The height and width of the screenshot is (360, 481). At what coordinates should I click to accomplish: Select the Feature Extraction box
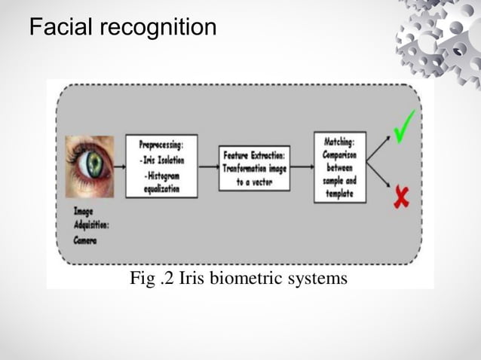[x=254, y=166]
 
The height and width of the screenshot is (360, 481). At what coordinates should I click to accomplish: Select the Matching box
[x=339, y=166]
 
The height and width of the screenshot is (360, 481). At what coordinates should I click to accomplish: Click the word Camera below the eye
[x=86, y=239]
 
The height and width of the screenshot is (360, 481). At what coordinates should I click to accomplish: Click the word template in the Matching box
[x=340, y=193]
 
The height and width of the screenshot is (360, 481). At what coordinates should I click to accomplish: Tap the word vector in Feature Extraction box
[x=264, y=182]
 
